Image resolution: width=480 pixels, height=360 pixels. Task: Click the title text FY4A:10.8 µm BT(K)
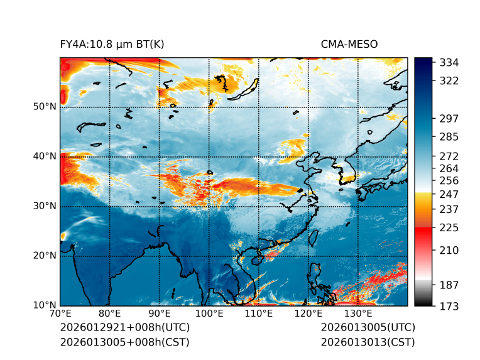[x=112, y=44]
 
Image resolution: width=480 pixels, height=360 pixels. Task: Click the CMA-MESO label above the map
[x=349, y=44]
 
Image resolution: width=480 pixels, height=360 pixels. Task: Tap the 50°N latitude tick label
[x=44, y=107]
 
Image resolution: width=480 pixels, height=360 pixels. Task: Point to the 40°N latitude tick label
[x=44, y=156]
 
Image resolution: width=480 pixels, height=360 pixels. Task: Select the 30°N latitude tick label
[x=44, y=206]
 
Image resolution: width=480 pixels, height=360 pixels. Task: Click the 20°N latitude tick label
[x=44, y=256]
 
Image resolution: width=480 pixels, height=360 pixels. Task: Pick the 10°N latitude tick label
[x=44, y=305]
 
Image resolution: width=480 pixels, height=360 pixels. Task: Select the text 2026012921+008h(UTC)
[x=124, y=328]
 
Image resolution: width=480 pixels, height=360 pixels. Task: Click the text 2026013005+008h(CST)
[x=124, y=342]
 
